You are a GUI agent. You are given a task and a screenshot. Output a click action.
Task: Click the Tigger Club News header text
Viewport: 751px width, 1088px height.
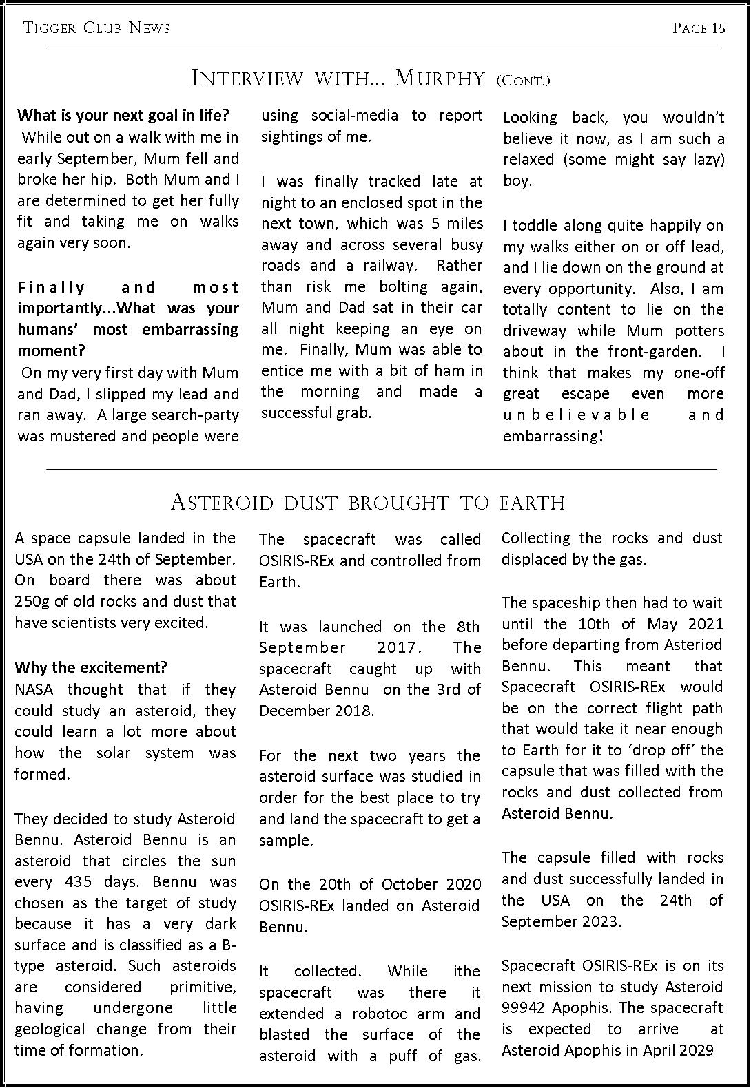[96, 28]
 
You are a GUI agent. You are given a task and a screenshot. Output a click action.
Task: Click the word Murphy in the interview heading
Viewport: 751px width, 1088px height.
[440, 79]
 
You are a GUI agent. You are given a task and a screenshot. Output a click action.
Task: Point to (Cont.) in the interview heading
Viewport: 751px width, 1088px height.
[523, 81]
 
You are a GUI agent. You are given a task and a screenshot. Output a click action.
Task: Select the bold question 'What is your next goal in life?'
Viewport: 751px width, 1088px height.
[123, 115]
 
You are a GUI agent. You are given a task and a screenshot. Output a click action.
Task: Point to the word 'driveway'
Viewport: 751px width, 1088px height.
[535, 331]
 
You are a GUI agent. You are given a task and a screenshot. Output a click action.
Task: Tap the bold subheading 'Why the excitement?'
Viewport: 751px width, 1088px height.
[91, 667]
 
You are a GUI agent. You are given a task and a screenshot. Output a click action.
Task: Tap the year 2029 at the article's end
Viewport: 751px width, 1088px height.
[695, 1050]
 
